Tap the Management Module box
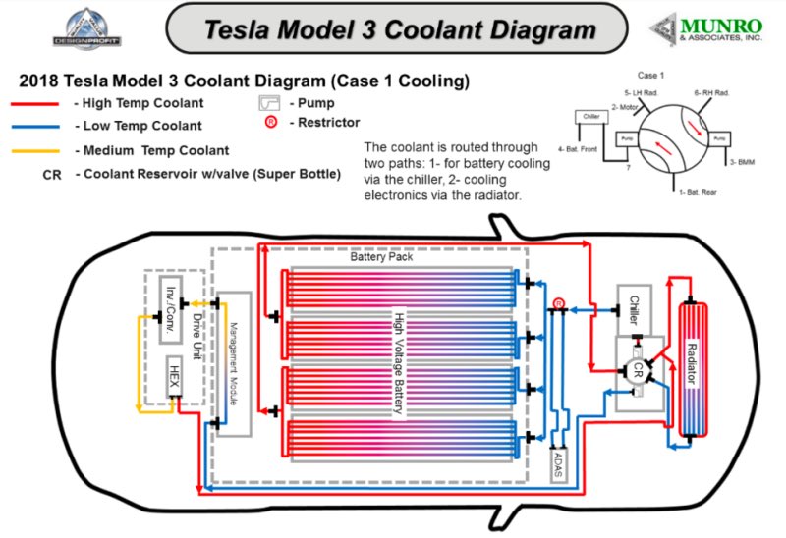234,362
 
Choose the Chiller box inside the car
634,310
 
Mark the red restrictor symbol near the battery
558,304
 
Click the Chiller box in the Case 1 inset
589,118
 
